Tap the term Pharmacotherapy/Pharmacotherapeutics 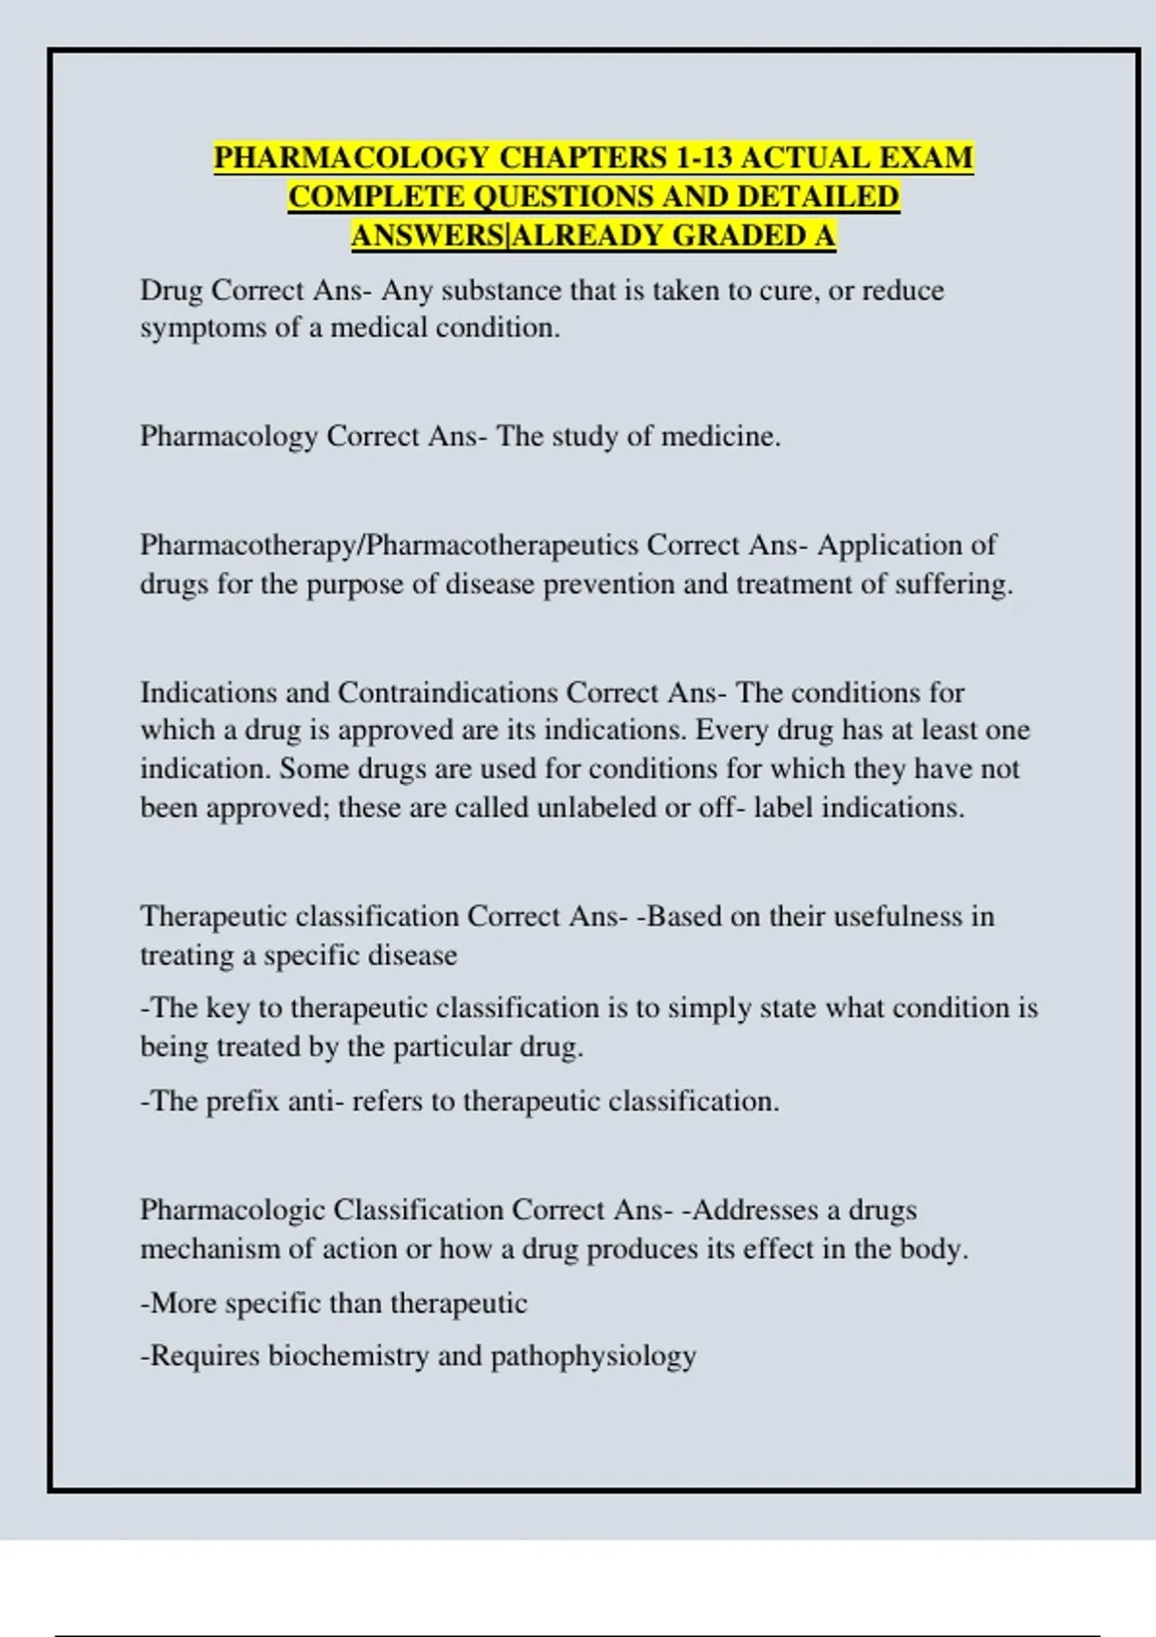pos(389,545)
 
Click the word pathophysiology pos(593,1356)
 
